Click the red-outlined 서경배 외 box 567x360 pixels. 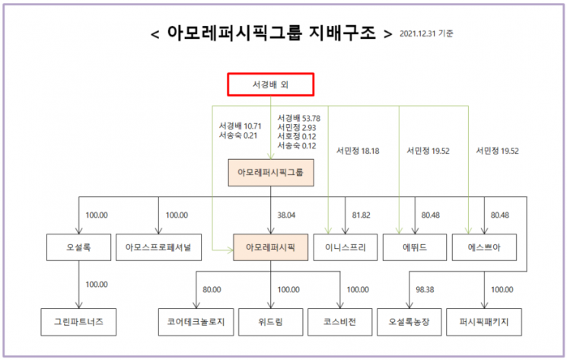coord(269,84)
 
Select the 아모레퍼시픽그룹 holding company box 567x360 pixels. coord(270,173)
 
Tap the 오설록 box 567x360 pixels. coord(79,247)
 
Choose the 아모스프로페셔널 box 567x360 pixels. coord(158,247)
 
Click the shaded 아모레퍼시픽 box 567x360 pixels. coord(270,247)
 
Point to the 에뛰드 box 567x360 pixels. coord(415,247)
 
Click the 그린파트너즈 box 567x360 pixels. coord(79,322)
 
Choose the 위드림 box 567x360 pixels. coord(270,322)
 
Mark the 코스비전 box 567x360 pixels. coord(341,322)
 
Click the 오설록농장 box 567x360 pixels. coord(415,322)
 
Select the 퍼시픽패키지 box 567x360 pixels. coord(485,322)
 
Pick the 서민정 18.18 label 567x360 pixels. coord(358,151)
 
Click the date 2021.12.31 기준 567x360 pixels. coord(431,33)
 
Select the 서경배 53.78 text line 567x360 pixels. coord(299,118)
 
